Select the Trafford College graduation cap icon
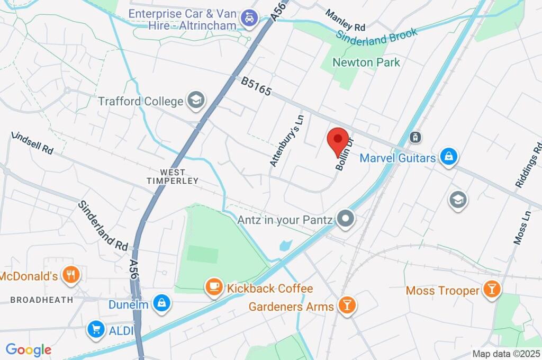click(x=196, y=100)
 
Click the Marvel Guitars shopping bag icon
click(x=448, y=157)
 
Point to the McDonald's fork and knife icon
click(x=70, y=275)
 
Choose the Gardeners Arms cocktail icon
click(x=347, y=305)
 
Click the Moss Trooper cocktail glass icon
click(x=492, y=290)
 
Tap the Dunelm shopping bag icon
click(x=160, y=304)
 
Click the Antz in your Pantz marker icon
click(x=346, y=219)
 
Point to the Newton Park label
click(x=366, y=62)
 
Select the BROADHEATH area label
click(x=42, y=300)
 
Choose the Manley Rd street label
click(x=345, y=20)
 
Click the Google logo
click(x=29, y=349)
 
